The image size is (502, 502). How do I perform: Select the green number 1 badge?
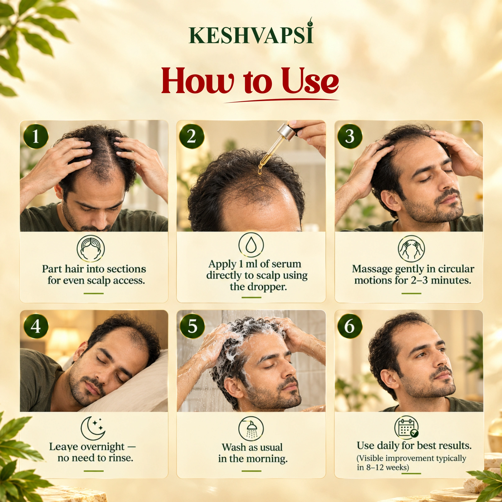pos(36,136)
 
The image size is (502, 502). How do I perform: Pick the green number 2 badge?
pos(192,136)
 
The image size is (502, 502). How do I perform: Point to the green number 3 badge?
pos(350,136)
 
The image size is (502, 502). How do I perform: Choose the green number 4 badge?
pos(36,326)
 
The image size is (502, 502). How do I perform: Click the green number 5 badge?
pos(192,326)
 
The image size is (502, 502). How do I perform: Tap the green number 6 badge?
pos(350,326)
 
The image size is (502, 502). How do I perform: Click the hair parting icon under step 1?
pos(91,248)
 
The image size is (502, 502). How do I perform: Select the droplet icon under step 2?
pos(251,245)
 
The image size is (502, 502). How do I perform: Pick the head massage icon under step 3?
pos(411,248)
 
